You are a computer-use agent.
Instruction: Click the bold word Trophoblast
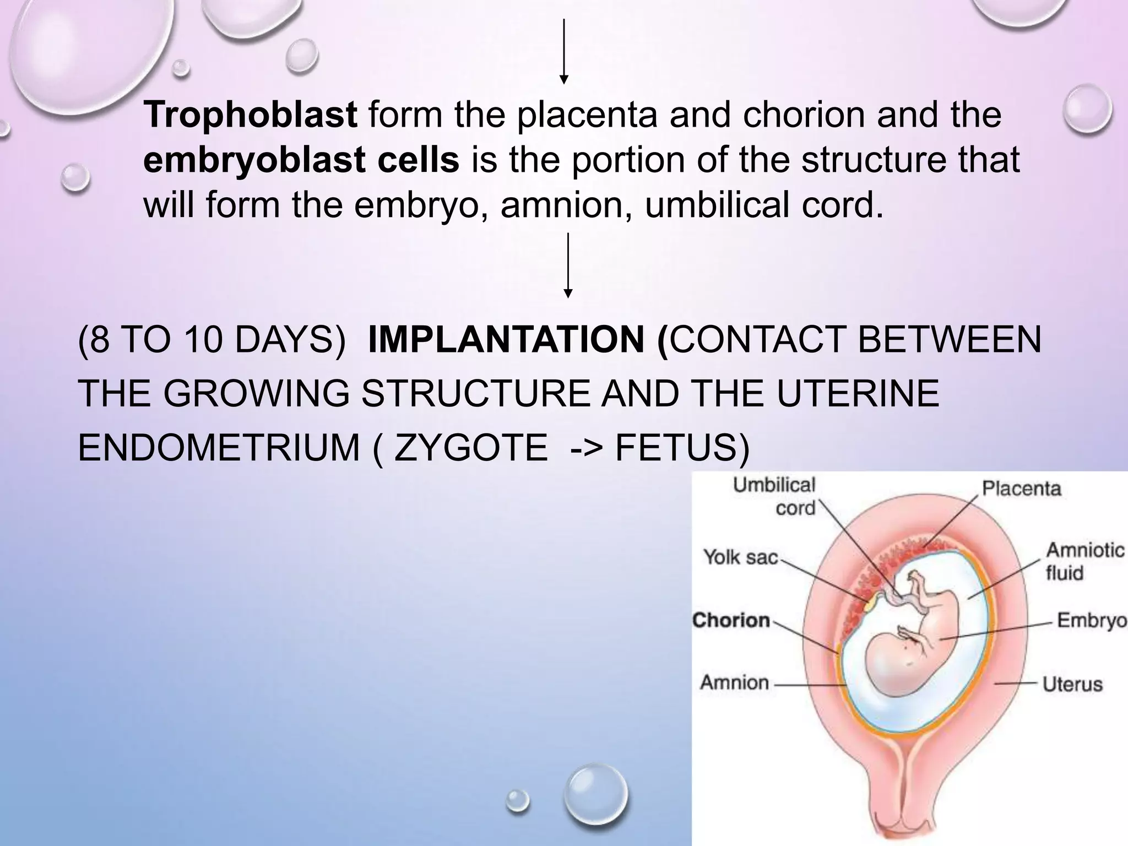click(251, 115)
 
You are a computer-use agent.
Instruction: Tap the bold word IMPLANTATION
click(506, 339)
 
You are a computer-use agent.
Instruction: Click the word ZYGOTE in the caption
click(471, 447)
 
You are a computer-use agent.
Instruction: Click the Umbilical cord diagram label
click(774, 496)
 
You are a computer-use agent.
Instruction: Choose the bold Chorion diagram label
click(731, 620)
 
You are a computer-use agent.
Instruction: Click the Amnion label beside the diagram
click(734, 682)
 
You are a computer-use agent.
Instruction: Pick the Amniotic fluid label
click(1084, 561)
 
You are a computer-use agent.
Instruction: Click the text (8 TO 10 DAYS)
click(212, 339)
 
